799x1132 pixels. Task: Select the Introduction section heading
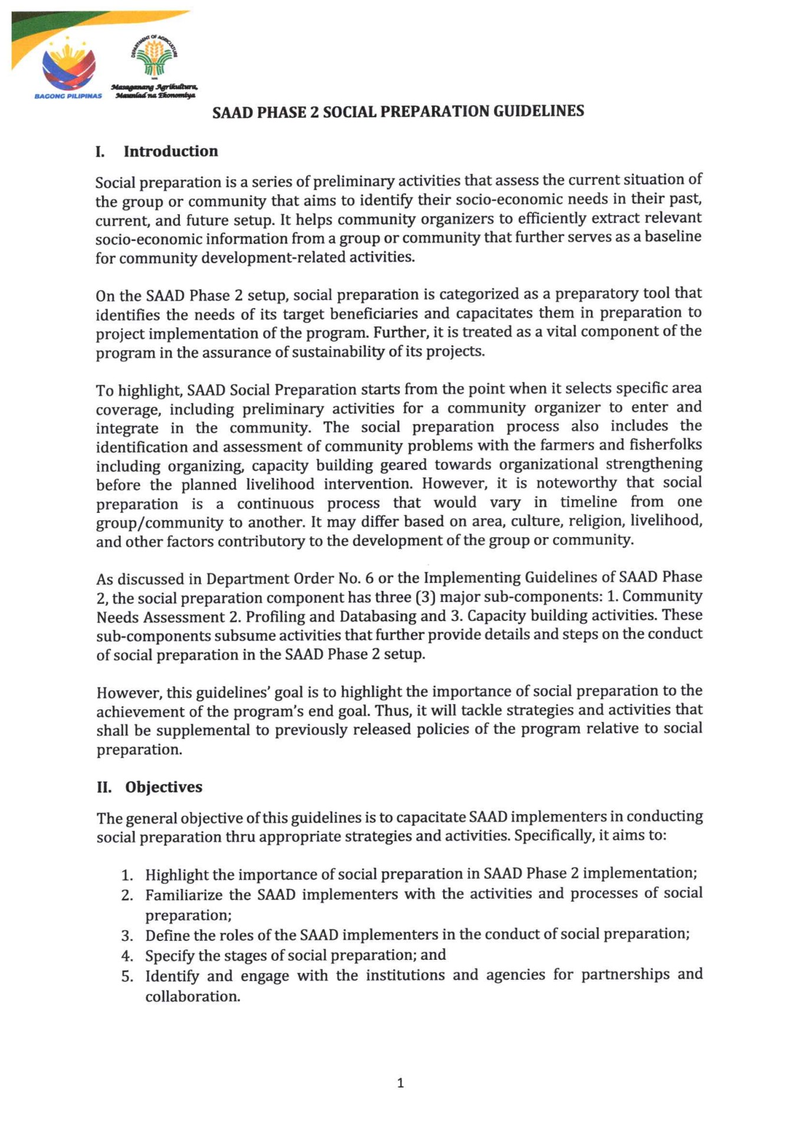pyautogui.click(x=170, y=152)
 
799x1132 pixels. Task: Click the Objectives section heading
pyautogui.click(x=163, y=787)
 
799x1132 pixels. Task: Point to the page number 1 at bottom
pyautogui.click(x=400, y=1082)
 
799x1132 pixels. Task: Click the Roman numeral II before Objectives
pyautogui.click(x=104, y=788)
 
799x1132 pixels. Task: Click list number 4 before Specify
pyautogui.click(x=127, y=956)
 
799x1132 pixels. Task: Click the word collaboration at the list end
pyautogui.click(x=192, y=996)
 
